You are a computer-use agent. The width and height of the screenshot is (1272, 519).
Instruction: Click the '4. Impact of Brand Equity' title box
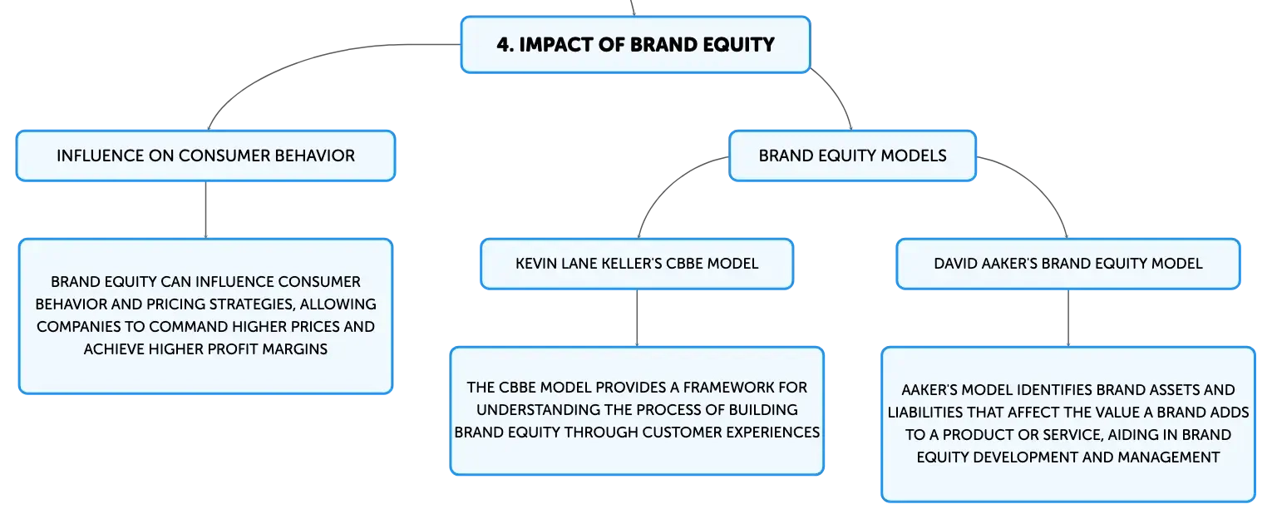click(635, 44)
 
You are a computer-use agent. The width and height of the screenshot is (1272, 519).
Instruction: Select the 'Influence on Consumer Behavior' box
click(205, 156)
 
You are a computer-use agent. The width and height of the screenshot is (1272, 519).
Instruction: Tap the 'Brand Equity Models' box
click(852, 156)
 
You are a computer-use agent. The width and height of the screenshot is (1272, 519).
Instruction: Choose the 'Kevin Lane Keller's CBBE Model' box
click(637, 264)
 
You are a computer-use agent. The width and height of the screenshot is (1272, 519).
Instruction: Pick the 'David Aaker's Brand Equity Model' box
click(1068, 264)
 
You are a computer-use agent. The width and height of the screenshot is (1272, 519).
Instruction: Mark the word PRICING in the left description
click(175, 304)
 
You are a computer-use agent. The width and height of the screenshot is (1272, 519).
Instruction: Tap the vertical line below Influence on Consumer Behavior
click(205, 210)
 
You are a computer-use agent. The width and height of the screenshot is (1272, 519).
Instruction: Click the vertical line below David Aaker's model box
click(1068, 318)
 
